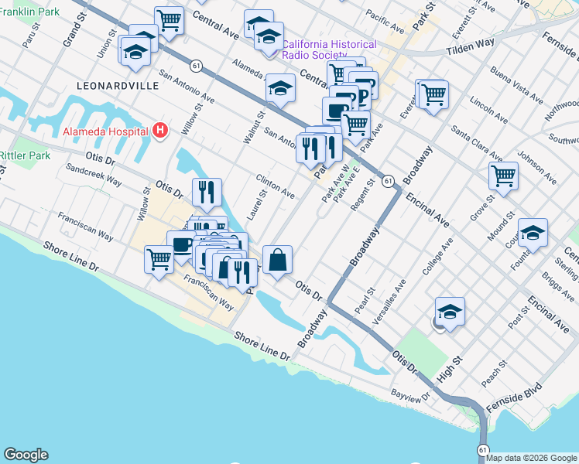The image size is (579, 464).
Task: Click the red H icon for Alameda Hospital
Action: (x=160, y=130)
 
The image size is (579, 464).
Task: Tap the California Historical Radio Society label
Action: (x=329, y=50)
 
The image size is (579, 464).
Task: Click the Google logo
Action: (x=26, y=455)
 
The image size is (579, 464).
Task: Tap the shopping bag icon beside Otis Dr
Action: (x=277, y=261)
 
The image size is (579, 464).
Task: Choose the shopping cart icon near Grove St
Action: (x=503, y=176)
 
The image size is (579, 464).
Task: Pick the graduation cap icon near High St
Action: (x=450, y=312)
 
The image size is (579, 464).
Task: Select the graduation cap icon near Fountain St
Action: (x=533, y=232)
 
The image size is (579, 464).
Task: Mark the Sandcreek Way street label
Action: (x=93, y=174)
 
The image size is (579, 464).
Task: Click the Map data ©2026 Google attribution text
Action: (x=532, y=458)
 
